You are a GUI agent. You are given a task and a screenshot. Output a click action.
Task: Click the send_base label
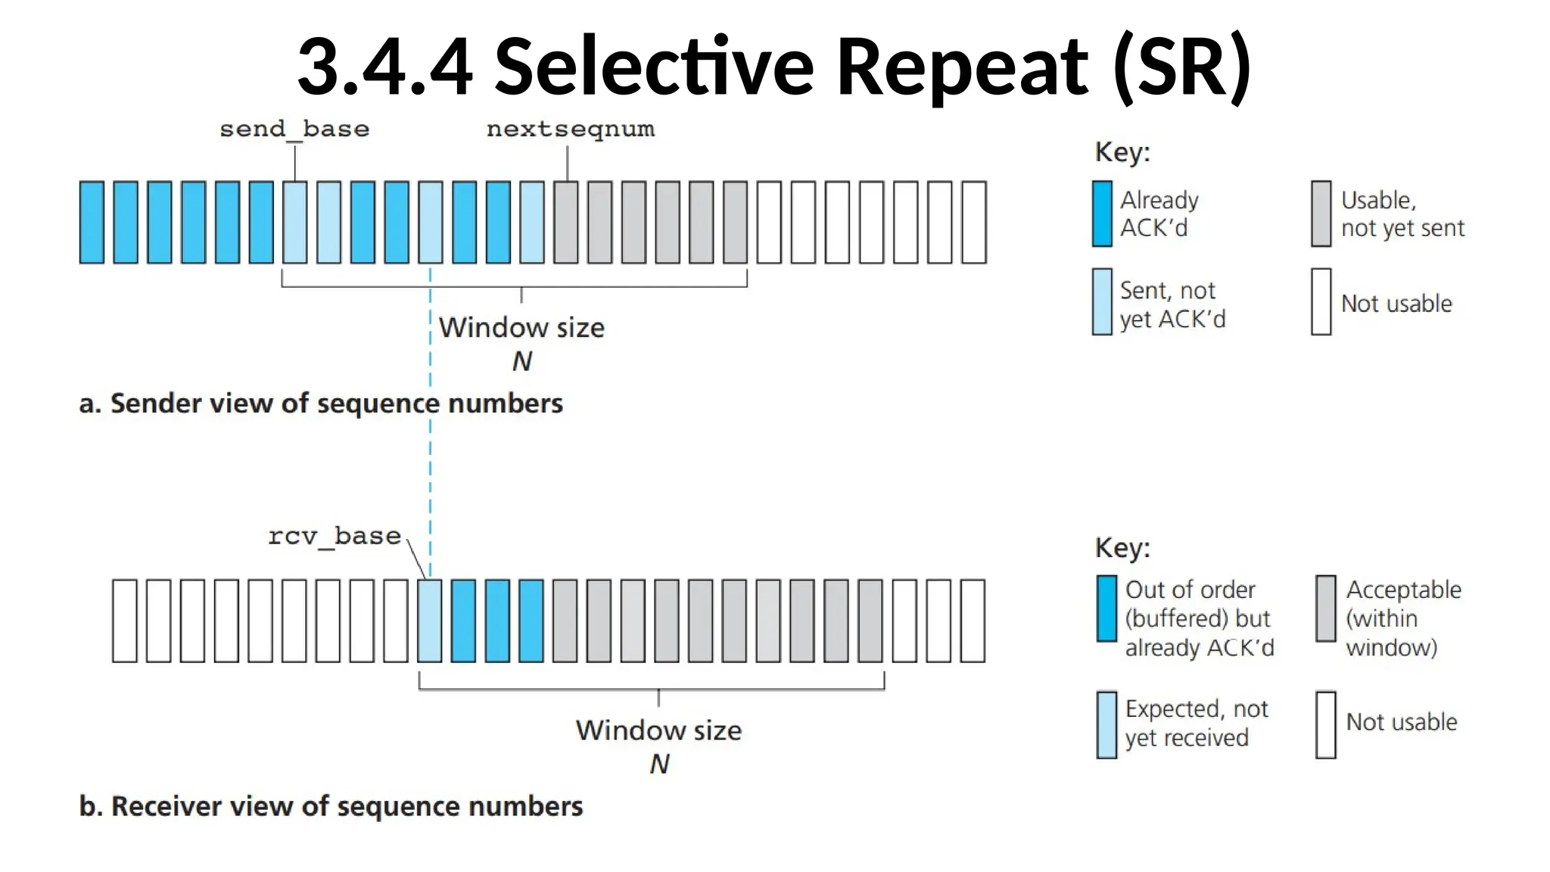[x=294, y=129]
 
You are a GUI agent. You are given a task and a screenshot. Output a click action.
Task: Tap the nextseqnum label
[x=570, y=129]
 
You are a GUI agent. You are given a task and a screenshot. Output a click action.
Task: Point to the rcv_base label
[x=334, y=537]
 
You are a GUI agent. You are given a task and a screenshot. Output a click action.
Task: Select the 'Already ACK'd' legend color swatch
[x=1102, y=213]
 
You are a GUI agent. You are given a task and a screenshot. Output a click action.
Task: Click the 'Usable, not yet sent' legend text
[x=1402, y=213]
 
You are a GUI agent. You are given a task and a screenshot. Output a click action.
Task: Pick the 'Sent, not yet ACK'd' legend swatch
[x=1102, y=301]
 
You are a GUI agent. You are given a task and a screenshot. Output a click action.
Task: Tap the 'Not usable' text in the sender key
[x=1396, y=304]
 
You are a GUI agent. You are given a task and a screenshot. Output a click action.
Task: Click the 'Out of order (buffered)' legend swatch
[x=1106, y=609]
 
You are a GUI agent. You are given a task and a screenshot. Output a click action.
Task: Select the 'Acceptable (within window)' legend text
[x=1402, y=618]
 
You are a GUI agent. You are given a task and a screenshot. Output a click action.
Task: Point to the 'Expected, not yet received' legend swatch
[x=1106, y=724]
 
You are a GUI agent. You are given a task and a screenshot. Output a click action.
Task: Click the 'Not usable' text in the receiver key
[x=1401, y=722]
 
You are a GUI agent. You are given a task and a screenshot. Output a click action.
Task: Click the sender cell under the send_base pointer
[x=294, y=223]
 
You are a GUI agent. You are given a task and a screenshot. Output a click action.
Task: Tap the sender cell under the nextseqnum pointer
[x=565, y=223]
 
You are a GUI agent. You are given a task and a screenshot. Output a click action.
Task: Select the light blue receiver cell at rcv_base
[x=429, y=621]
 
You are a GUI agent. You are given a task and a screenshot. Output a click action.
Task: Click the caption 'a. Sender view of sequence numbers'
[x=321, y=403]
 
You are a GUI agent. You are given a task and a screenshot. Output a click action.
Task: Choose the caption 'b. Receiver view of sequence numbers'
[x=331, y=806]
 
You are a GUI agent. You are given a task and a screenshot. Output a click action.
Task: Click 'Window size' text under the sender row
[x=521, y=328]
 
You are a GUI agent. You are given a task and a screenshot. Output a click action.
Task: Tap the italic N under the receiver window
[x=659, y=765]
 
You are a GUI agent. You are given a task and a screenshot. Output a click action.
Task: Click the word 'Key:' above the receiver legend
[x=1122, y=547]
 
